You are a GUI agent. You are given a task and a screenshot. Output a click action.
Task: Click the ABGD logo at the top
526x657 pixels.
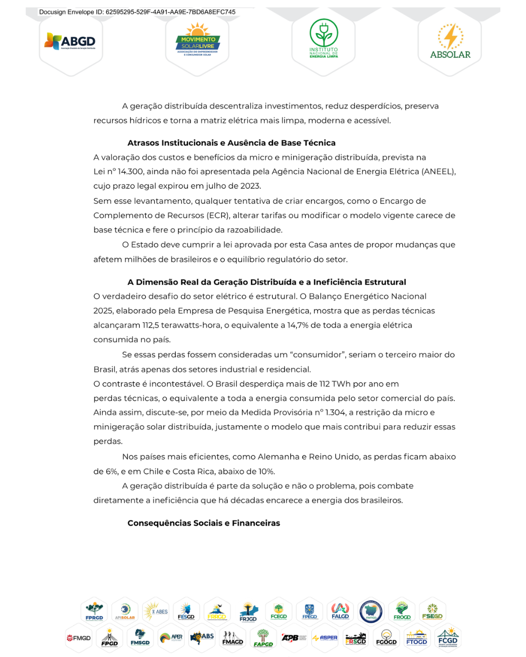pyautogui.click(x=71, y=42)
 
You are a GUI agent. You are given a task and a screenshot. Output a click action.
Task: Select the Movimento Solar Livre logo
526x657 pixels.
pyautogui.click(x=197, y=43)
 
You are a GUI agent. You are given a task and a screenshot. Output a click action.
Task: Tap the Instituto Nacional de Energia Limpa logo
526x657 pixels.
pyautogui.click(x=323, y=39)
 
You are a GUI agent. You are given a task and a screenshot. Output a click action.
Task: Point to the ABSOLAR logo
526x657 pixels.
pyautogui.click(x=450, y=42)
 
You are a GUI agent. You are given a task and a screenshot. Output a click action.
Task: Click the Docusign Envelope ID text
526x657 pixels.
pyautogui.click(x=137, y=12)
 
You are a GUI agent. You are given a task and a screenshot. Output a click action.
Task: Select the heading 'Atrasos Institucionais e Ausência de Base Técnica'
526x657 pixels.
pyautogui.click(x=231, y=143)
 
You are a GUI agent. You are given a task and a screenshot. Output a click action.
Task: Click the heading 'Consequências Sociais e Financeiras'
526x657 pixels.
pyautogui.click(x=204, y=523)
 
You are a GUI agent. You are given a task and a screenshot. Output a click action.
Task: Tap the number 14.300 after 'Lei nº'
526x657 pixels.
pyautogui.click(x=131, y=172)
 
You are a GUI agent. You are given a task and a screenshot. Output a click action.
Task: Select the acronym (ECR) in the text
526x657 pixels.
pyautogui.click(x=218, y=216)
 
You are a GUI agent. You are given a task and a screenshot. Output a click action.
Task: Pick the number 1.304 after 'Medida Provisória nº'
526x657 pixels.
pyautogui.click(x=336, y=413)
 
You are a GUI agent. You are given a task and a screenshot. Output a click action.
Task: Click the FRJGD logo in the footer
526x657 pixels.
pyautogui.click(x=248, y=612)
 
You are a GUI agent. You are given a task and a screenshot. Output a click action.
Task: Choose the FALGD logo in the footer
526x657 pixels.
pyautogui.click(x=340, y=611)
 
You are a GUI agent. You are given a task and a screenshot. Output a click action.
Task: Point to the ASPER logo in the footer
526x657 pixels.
pyautogui.click(x=325, y=638)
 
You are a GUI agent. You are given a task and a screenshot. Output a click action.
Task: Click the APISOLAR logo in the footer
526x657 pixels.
pyautogui.click(x=125, y=611)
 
